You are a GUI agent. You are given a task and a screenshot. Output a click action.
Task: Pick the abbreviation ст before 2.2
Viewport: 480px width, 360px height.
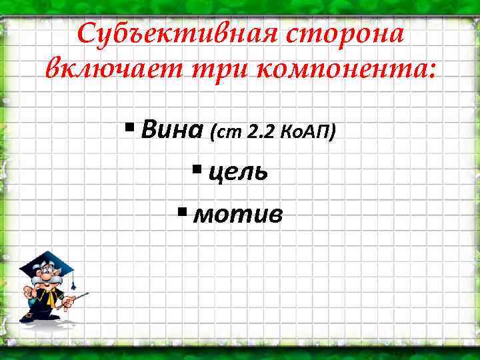tap(225, 133)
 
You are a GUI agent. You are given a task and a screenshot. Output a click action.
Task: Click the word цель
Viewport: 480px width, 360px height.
tap(238, 172)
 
